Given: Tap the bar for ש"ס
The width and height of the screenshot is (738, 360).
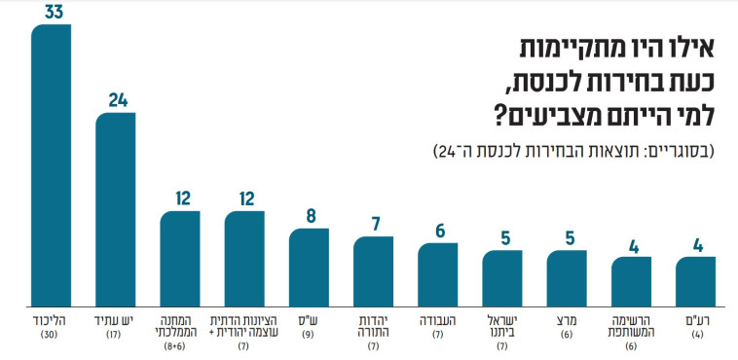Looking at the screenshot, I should tap(309, 265).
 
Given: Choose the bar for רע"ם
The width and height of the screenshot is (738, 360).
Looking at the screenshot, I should tap(695, 279).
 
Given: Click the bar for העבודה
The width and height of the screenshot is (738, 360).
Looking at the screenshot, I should tap(438, 271).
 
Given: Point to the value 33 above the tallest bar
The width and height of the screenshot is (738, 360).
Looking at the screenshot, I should tap(51, 12).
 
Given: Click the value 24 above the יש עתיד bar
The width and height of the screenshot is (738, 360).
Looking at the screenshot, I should tap(115, 100).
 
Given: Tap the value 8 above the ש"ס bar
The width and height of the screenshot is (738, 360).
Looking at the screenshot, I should tap(309, 216).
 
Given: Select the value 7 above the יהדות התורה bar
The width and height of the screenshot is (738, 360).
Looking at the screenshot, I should tap(373, 224).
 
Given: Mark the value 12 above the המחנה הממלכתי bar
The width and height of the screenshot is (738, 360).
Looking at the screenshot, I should tap(180, 198).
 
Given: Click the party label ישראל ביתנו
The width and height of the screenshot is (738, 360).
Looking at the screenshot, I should tap(502, 324).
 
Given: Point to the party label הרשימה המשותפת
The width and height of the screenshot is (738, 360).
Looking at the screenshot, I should tap(631, 324).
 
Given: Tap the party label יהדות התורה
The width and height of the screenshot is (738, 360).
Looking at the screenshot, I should tap(373, 324).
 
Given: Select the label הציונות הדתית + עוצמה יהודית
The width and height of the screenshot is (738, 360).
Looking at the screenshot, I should tap(244, 324).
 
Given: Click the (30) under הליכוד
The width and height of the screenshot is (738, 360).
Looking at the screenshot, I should tap(51, 335).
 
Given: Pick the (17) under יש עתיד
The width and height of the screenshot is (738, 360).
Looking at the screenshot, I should tap(115, 335).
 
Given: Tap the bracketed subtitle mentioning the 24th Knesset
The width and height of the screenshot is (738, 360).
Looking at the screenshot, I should tap(573, 153).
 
